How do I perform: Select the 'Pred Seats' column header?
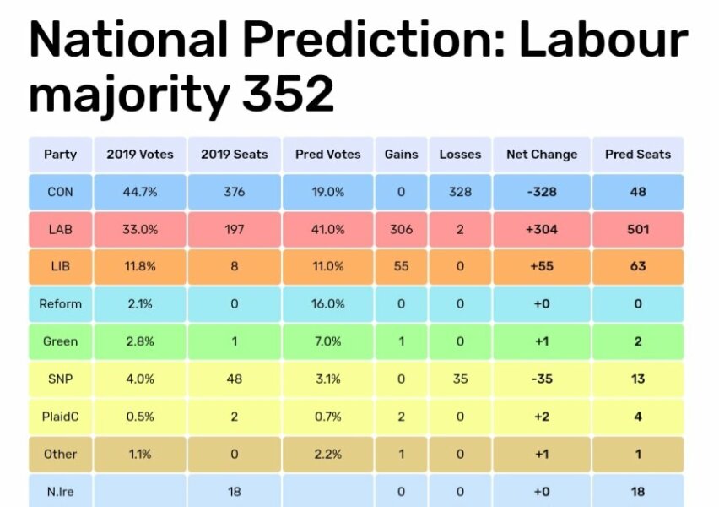638,155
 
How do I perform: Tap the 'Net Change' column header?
542,155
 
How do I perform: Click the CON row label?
60,192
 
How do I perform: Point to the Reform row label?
60,304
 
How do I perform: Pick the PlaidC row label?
60,417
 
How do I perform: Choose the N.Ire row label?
60,491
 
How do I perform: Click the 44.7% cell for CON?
140,192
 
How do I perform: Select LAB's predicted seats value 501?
638,229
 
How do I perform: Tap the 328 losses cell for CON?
460,192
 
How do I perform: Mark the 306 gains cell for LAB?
401,229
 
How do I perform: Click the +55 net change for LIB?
542,266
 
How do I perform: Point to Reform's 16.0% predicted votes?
328,304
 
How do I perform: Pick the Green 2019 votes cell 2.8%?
140,341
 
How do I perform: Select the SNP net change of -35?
542,379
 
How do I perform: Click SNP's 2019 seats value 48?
235,379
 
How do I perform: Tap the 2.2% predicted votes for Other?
328,454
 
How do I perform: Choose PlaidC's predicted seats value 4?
638,417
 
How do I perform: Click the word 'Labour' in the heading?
603,41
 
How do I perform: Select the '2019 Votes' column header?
140,155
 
